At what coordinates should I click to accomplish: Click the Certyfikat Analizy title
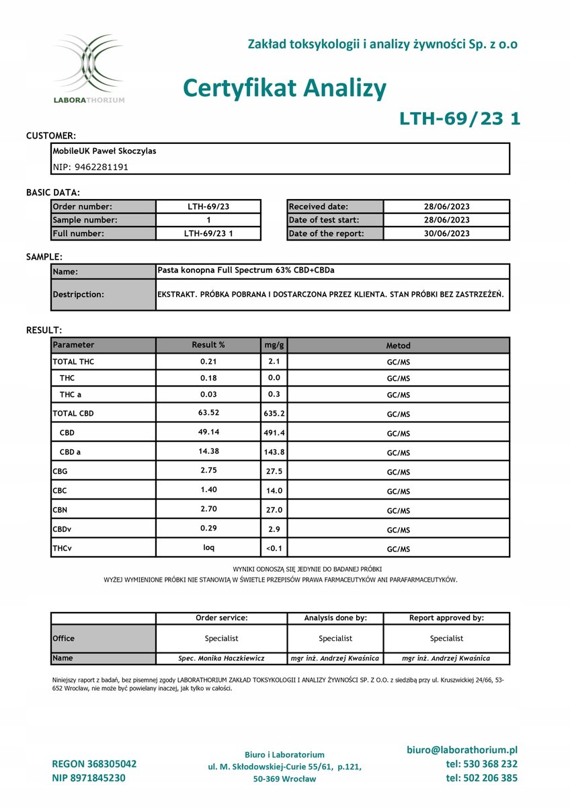tap(284, 88)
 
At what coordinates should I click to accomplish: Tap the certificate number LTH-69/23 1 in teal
tap(460, 119)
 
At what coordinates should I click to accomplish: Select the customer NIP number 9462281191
tap(90, 167)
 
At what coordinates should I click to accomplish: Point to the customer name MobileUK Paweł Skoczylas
tap(104, 151)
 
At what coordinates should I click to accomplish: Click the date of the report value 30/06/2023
tap(446, 233)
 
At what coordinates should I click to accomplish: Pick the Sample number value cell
tap(208, 220)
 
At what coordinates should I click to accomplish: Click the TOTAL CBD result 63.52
tap(209, 413)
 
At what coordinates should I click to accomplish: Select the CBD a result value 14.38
tap(209, 452)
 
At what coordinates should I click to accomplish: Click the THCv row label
tap(63, 549)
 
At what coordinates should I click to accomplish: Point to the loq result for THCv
tap(209, 547)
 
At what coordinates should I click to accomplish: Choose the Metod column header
tap(398, 346)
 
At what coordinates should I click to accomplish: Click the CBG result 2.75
tap(209, 471)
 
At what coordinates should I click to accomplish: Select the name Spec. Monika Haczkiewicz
tap(221, 658)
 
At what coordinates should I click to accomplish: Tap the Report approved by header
tap(446, 617)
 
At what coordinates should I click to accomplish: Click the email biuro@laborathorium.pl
tap(462, 750)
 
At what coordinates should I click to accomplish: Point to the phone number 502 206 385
tap(481, 778)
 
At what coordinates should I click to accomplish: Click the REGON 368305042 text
tap(94, 764)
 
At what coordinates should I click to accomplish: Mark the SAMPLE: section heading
tap(44, 257)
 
